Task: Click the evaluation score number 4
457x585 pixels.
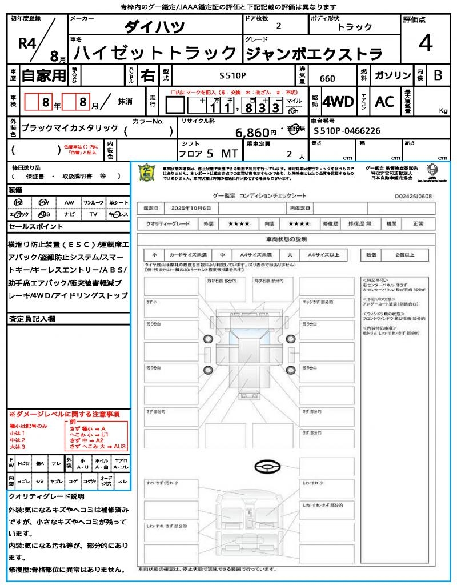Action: click(x=424, y=43)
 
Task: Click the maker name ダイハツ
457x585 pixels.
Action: click(x=154, y=26)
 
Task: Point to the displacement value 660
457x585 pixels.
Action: click(x=327, y=79)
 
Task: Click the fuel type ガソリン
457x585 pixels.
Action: click(x=392, y=75)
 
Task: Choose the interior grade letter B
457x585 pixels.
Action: click(x=438, y=75)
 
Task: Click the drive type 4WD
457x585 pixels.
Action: click(x=338, y=102)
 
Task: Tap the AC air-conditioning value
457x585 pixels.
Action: click(x=384, y=102)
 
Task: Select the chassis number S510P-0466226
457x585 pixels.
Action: click(x=347, y=131)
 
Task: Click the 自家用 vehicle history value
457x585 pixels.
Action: click(x=43, y=75)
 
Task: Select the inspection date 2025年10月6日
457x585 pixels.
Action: click(x=188, y=207)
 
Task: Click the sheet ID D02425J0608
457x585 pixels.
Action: click(x=413, y=196)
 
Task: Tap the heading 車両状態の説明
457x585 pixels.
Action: click(x=286, y=239)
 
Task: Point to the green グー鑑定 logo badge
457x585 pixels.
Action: click(x=147, y=173)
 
